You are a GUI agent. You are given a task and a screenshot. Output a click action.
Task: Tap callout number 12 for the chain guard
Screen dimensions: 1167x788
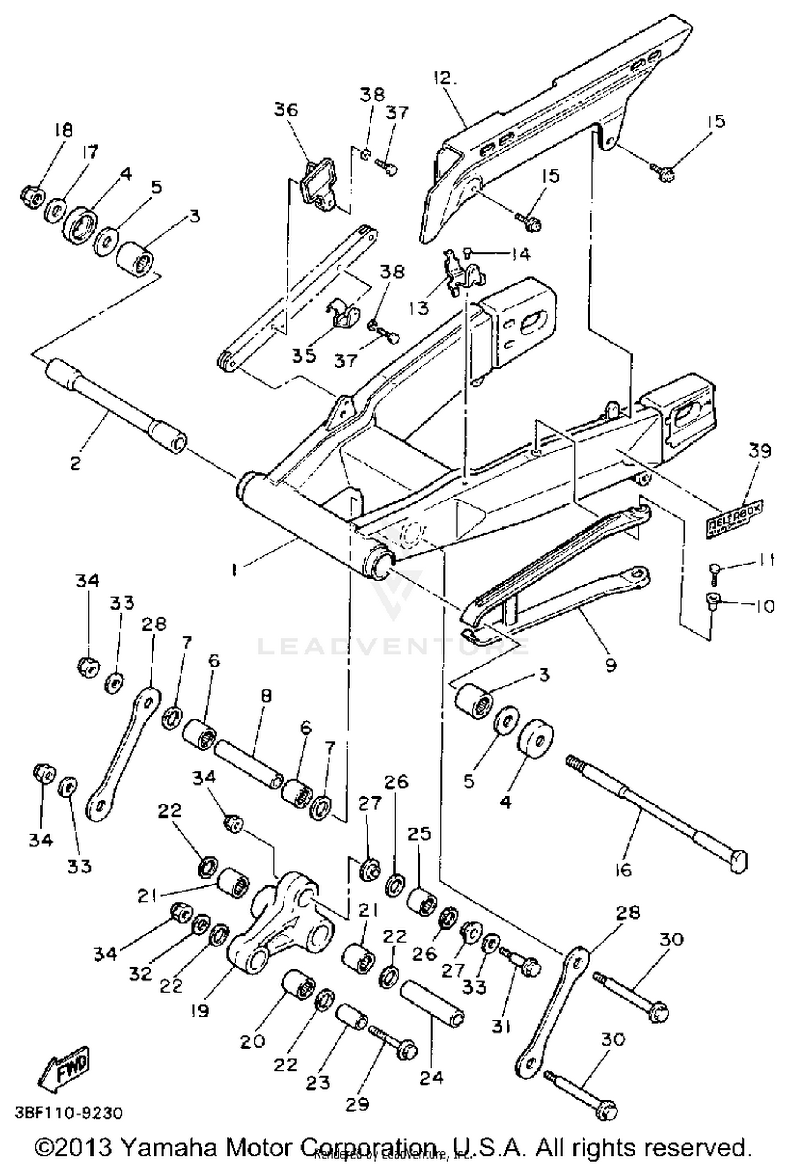click(445, 78)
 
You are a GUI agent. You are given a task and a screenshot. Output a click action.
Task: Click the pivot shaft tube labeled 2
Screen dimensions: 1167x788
click(115, 402)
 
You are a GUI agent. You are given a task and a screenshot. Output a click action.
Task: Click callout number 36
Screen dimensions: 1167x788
click(286, 110)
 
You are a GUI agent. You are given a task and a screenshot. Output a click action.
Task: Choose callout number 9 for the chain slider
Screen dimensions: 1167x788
click(610, 665)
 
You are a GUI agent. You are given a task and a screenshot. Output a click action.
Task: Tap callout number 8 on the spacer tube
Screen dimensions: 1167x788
click(266, 696)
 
